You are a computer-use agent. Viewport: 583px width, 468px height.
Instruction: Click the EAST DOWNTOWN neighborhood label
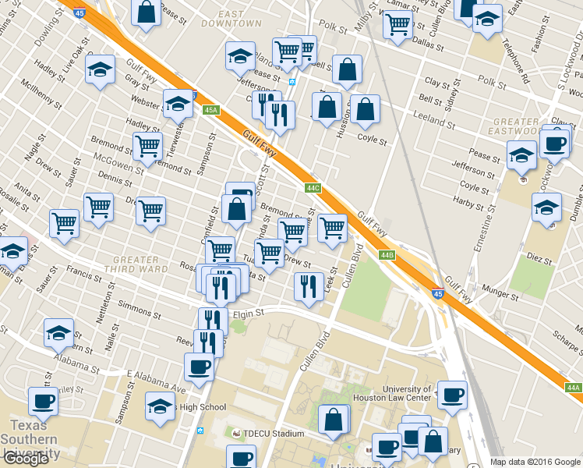tap(230, 19)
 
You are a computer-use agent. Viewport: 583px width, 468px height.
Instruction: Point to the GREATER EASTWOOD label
tap(516, 127)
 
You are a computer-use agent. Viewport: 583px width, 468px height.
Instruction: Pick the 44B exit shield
tap(387, 255)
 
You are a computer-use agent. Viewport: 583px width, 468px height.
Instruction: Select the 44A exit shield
tap(573, 388)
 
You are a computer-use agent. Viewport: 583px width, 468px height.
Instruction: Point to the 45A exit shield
tap(211, 110)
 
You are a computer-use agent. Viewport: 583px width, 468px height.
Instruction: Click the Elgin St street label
tap(249, 313)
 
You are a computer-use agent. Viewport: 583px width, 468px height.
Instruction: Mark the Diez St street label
tap(539, 256)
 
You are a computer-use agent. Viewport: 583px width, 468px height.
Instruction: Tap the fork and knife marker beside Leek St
tap(309, 285)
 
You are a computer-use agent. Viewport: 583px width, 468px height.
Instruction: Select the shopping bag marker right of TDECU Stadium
tap(334, 419)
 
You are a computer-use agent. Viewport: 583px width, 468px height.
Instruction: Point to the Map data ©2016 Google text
tap(534, 462)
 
